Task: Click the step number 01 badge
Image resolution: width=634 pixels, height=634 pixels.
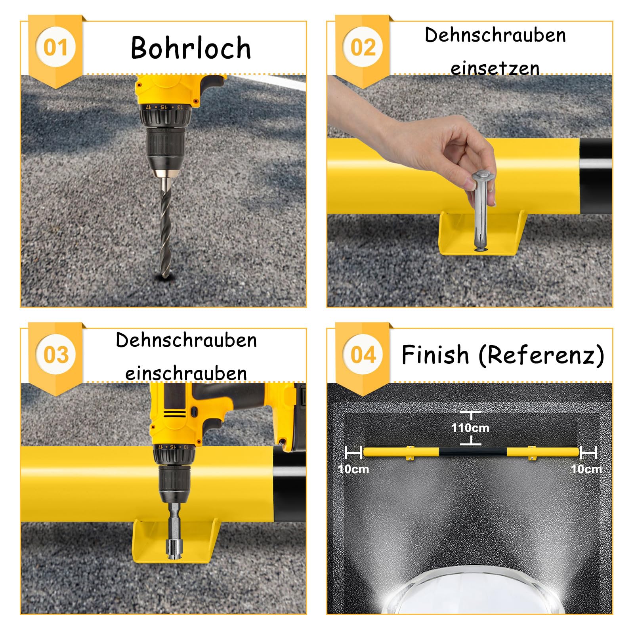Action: coord(55,47)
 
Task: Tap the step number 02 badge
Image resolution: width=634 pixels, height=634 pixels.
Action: coord(363,47)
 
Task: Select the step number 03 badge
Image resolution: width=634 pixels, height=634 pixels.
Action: coord(55,354)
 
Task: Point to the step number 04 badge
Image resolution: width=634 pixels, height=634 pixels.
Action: coord(363,354)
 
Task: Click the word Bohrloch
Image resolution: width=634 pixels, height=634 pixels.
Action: coord(191,48)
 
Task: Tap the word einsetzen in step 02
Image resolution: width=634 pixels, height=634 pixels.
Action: coord(495,68)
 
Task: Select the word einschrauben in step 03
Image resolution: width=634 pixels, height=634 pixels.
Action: coord(186,373)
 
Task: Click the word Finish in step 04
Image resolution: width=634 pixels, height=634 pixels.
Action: coord(435,354)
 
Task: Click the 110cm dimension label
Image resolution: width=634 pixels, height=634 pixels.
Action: coord(470,428)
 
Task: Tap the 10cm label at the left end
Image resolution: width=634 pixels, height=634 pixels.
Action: coord(354,469)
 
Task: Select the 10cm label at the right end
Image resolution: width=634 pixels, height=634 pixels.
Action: coord(586,469)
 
